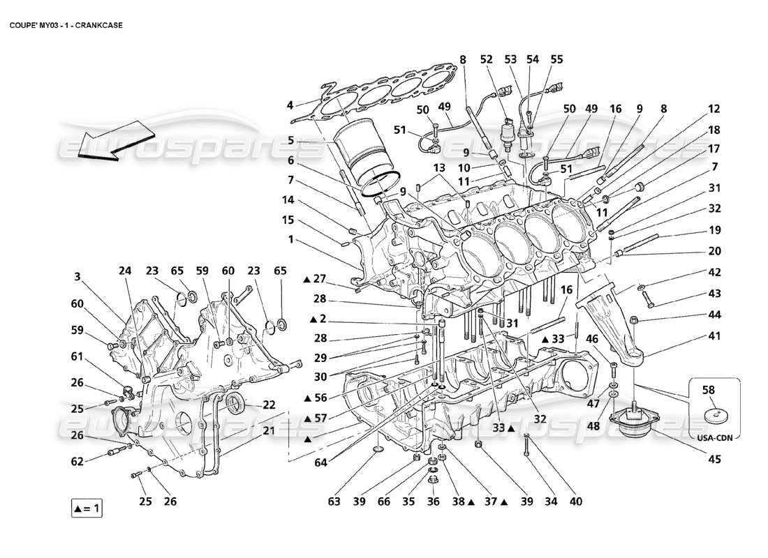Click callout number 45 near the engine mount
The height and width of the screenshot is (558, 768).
(x=714, y=460)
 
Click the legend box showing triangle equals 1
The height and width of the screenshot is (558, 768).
(x=87, y=508)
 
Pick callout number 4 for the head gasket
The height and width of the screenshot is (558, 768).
(x=290, y=106)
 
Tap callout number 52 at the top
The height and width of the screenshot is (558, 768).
(x=487, y=61)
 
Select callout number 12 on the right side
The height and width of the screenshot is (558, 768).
(x=714, y=109)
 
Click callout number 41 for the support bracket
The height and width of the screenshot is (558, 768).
(x=714, y=335)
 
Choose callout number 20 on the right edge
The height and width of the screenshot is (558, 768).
(x=714, y=251)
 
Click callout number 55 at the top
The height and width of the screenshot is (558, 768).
(x=556, y=61)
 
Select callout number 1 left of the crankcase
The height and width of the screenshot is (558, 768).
(x=290, y=239)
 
